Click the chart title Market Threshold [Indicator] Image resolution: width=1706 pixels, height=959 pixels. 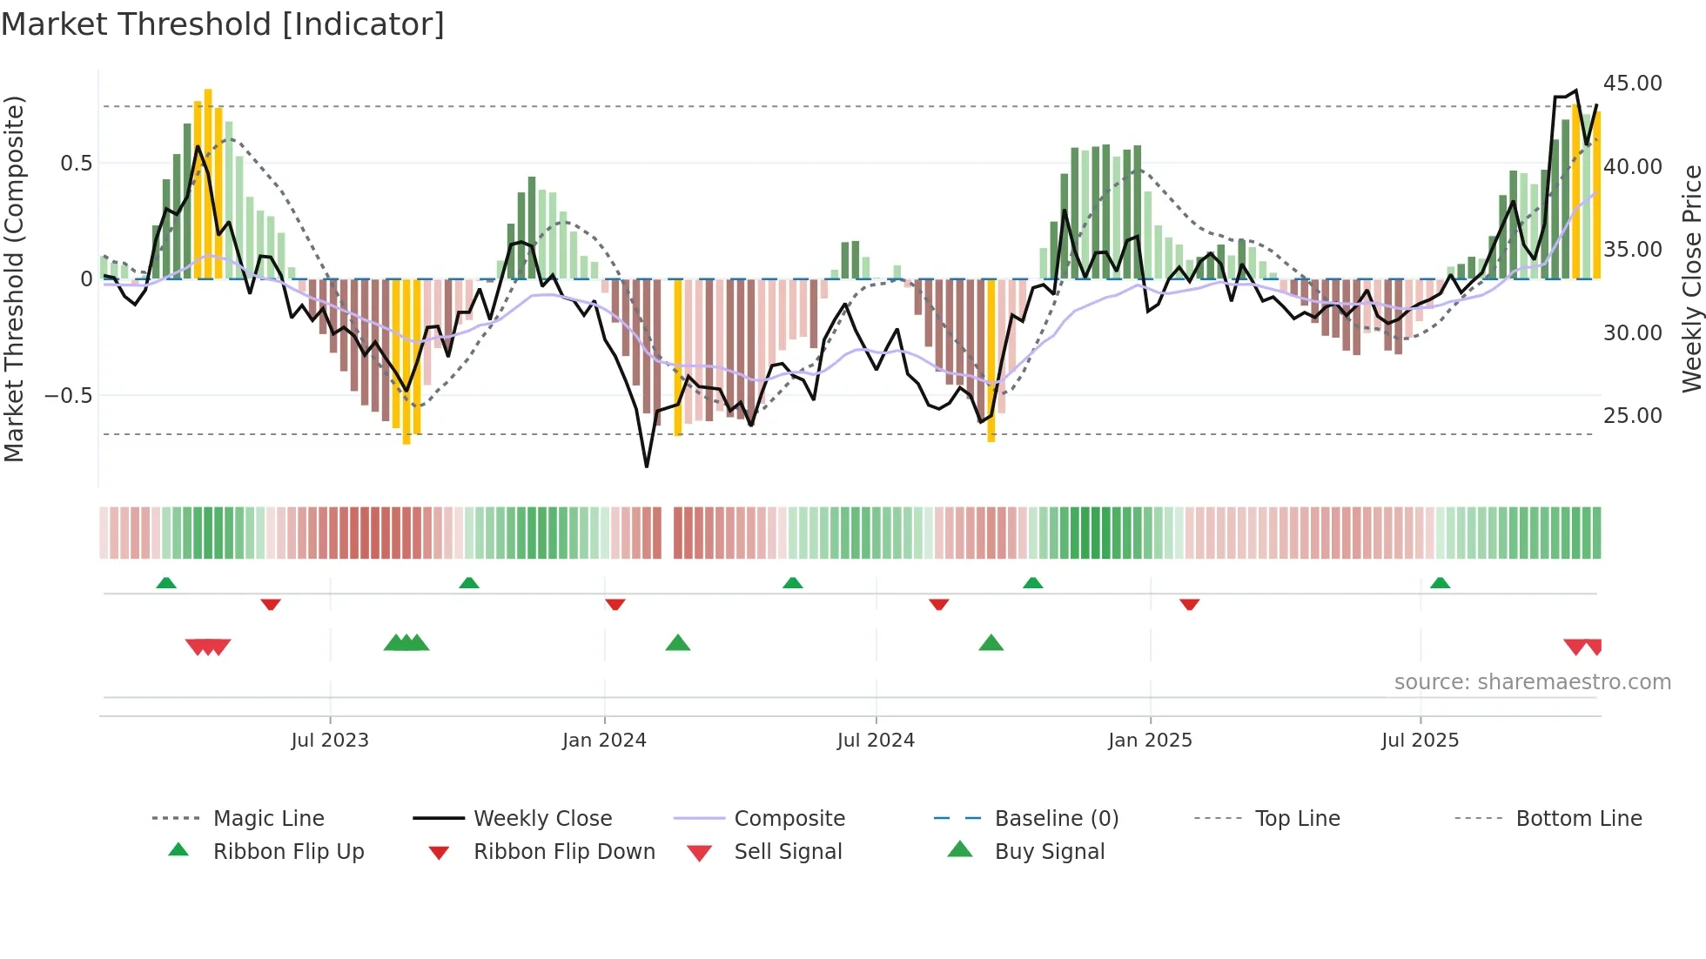(223, 24)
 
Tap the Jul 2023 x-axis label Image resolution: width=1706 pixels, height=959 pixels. (330, 741)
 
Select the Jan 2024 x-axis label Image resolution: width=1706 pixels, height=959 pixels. (604, 741)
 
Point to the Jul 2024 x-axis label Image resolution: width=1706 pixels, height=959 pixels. (876, 741)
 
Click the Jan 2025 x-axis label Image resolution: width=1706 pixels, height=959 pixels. (1150, 741)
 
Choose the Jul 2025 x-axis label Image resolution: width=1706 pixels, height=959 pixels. (1420, 741)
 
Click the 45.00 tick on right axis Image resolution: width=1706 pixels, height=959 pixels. (1632, 84)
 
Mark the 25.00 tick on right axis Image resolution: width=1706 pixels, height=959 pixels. (1632, 416)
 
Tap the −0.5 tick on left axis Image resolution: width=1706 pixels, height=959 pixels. (68, 396)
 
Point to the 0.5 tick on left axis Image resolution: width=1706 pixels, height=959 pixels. (76, 164)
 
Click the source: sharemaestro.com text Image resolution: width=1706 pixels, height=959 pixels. (1532, 682)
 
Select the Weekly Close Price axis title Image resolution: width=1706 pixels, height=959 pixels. (1691, 278)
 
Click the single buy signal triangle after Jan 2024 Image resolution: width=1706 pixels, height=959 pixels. (677, 644)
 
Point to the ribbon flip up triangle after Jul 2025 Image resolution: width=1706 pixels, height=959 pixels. (1440, 583)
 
